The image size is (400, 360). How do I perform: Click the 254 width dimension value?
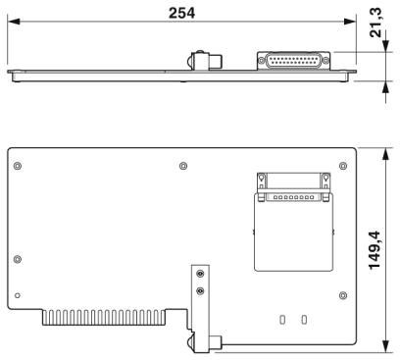pyautogui.click(x=181, y=13)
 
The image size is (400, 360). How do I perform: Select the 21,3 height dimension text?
pyautogui.click(x=375, y=23)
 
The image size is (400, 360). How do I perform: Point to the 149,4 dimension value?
pyautogui.click(x=375, y=250)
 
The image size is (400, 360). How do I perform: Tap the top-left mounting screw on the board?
pyautogui.click(x=18, y=166)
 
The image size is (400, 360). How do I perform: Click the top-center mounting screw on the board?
pyautogui.click(x=183, y=166)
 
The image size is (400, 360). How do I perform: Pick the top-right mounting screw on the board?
pyautogui.click(x=343, y=166)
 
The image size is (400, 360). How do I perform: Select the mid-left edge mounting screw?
pyautogui.click(x=18, y=259)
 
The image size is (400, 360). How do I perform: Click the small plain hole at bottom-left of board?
pyautogui.click(x=18, y=295)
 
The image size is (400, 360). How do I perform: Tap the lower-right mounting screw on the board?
pyautogui.click(x=343, y=295)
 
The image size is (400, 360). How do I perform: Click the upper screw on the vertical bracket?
pyautogui.click(x=200, y=274)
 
